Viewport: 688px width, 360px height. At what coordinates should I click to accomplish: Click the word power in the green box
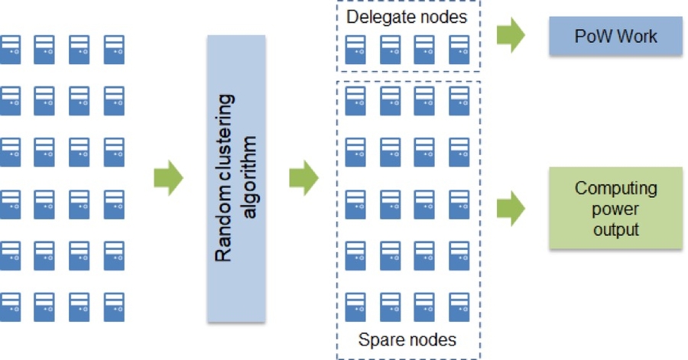(x=615, y=209)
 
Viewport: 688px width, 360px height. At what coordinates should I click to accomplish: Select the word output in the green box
(x=615, y=229)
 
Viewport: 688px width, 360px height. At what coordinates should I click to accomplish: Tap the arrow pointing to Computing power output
(x=511, y=209)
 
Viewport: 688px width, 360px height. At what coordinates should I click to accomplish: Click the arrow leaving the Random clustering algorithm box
(x=303, y=178)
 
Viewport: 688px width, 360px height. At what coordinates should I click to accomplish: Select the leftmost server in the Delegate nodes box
(x=355, y=48)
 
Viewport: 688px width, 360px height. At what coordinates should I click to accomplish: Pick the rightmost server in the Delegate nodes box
(x=459, y=48)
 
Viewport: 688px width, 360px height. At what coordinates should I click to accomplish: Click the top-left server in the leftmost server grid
(x=11, y=48)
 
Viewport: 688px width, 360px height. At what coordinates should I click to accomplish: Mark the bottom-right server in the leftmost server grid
(x=115, y=306)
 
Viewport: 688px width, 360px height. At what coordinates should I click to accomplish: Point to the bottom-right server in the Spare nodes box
(x=459, y=306)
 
